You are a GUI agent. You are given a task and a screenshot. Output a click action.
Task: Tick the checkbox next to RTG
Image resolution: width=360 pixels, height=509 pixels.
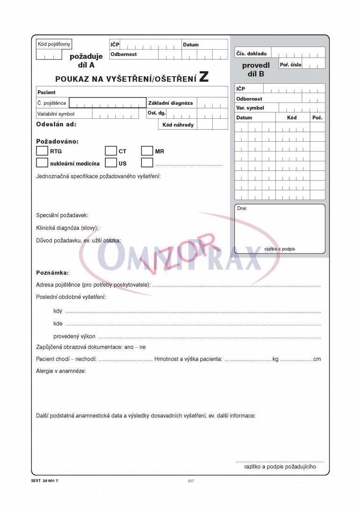(42, 151)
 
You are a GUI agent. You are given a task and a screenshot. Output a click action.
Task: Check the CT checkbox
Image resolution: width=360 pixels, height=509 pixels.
(111, 151)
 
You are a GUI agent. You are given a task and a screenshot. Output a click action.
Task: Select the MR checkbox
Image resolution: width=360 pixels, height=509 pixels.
(147, 151)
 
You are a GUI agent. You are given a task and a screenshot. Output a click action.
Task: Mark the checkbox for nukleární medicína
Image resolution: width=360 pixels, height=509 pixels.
(42, 163)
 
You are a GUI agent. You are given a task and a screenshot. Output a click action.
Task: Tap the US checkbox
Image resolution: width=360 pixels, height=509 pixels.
(111, 163)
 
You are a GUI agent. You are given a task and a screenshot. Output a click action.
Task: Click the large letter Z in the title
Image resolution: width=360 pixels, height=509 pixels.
(204, 77)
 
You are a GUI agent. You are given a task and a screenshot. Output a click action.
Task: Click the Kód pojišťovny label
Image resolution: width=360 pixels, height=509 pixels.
(54, 44)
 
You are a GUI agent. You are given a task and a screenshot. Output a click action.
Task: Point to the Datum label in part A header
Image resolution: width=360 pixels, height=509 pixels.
(191, 45)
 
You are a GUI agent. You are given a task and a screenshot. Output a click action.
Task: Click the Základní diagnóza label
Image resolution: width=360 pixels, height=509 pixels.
(170, 103)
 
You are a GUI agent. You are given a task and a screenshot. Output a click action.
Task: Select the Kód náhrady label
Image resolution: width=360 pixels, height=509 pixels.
(178, 125)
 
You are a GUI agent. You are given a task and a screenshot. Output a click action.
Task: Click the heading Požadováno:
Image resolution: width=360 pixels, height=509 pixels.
(58, 141)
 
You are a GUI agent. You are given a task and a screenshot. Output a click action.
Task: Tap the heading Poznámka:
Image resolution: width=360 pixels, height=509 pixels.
(52, 273)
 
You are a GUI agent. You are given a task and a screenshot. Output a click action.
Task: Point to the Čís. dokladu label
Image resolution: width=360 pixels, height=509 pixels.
(251, 54)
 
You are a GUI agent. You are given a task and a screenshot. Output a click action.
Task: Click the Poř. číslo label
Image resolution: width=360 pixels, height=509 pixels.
(291, 65)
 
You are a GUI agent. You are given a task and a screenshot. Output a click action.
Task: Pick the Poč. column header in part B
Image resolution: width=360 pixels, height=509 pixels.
(317, 118)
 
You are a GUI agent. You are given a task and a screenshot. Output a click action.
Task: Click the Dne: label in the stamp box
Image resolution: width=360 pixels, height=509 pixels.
(242, 209)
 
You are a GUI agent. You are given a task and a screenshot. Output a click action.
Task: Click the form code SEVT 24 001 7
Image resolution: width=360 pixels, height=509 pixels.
(45, 481)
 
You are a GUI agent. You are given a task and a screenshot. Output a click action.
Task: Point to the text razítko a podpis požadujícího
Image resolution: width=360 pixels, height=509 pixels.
(280, 466)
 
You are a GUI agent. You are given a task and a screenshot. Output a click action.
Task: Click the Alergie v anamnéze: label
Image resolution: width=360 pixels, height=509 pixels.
(61, 371)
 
